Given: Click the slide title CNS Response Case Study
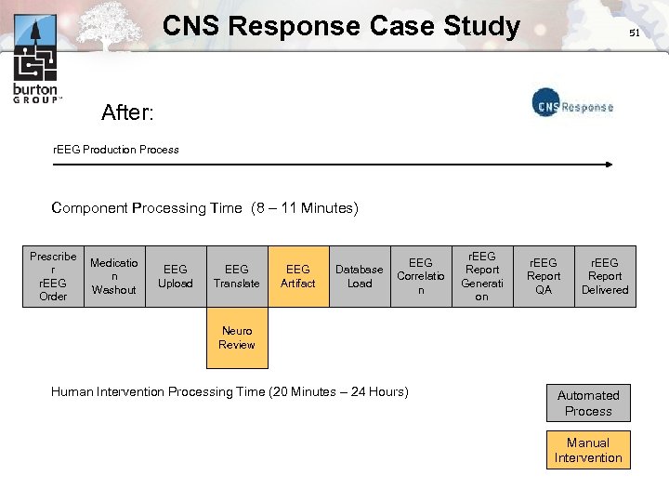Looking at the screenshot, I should point(341,26).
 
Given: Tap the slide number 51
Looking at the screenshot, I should point(635,33).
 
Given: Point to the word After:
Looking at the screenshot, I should point(127,113).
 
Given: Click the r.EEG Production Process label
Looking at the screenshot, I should point(116,149).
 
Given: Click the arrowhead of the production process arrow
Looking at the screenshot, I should point(609,165).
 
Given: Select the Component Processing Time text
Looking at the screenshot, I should point(204,208).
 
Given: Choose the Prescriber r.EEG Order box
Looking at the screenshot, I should point(53,276).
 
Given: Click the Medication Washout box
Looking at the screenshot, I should point(114,276).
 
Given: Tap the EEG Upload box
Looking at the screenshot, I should point(176,276).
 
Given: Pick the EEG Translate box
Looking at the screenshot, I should point(237,276).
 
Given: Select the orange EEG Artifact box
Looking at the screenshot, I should point(298,276).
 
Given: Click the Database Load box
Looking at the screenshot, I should point(360,276).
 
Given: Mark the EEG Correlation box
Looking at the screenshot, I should point(421,276).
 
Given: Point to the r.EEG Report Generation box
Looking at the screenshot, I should point(481,276).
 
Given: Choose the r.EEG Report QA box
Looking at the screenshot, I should point(544,276).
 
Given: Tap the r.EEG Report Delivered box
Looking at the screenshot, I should point(605,276).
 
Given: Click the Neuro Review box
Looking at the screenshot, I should point(237,337).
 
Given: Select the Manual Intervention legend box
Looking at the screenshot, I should point(588,450).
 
